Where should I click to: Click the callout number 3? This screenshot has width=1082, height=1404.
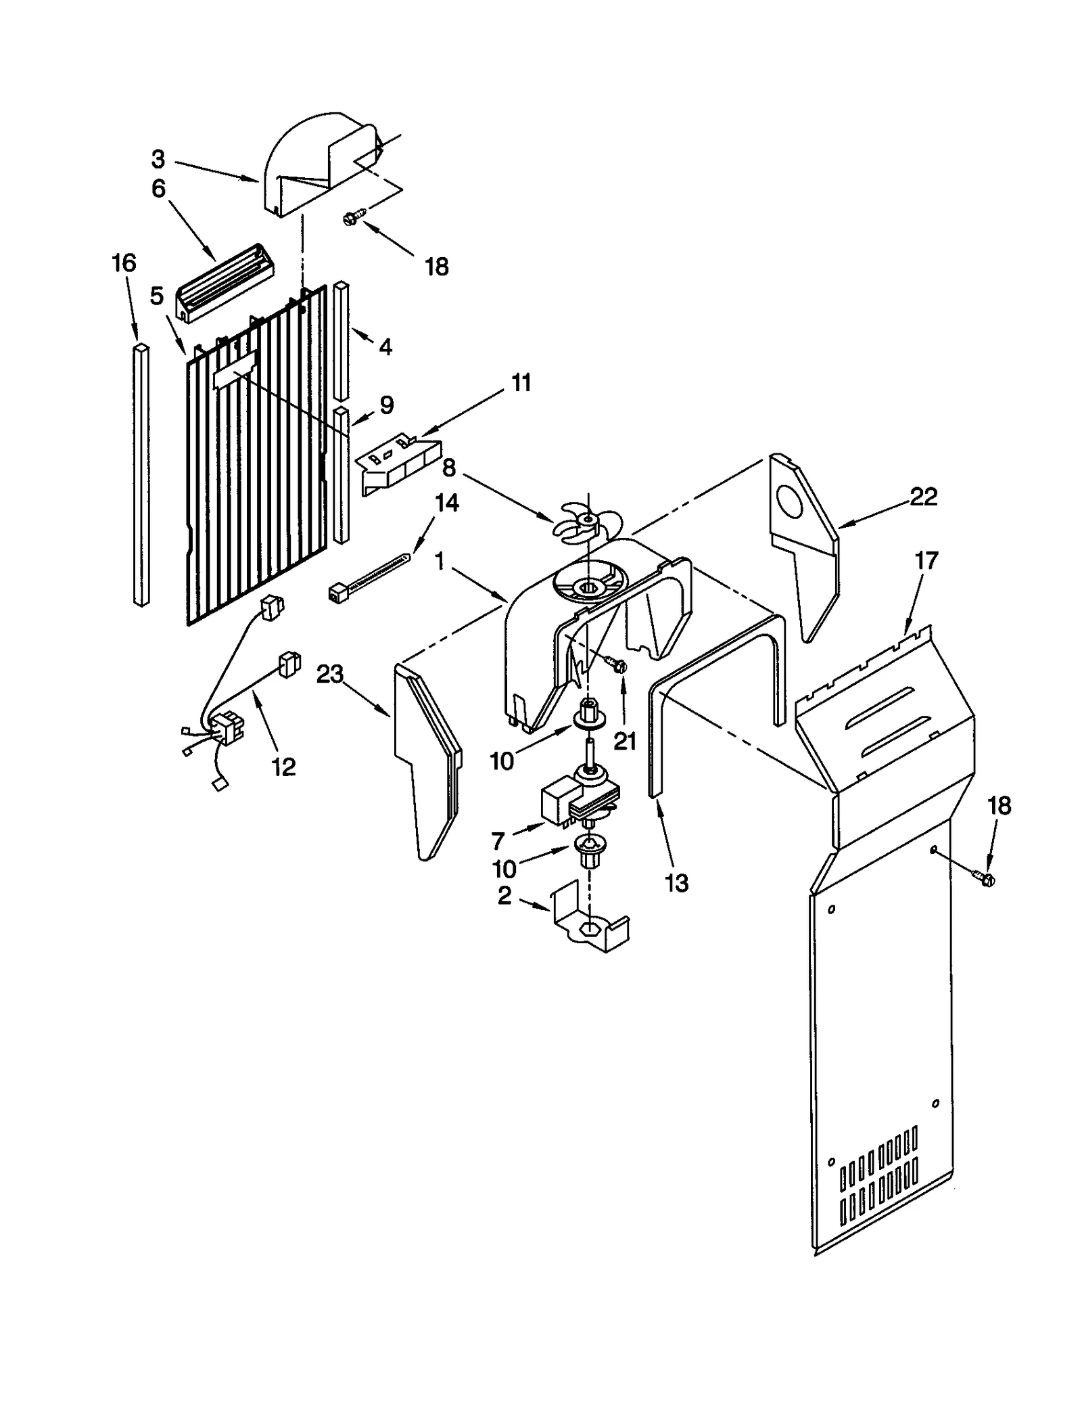[158, 160]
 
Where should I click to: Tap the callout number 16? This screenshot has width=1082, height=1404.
[124, 263]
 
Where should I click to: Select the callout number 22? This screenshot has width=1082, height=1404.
[924, 497]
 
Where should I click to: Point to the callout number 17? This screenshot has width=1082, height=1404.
[926, 560]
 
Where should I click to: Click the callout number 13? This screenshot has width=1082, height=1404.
[677, 882]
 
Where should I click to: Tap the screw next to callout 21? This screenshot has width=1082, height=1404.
[617, 664]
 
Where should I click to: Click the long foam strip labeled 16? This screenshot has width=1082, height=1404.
[141, 474]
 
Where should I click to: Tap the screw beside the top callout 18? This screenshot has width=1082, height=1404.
[354, 217]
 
